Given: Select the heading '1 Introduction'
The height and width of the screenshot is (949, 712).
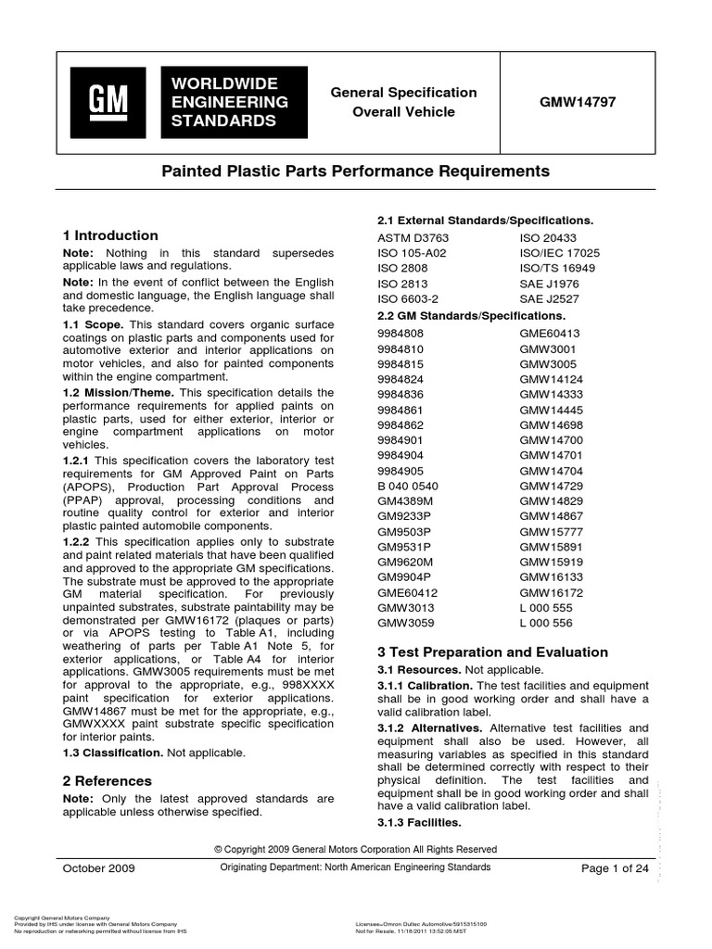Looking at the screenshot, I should (x=109, y=235).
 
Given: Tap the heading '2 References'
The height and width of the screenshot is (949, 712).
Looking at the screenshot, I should (x=107, y=780).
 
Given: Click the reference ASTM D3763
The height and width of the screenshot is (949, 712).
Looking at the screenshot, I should (x=411, y=237).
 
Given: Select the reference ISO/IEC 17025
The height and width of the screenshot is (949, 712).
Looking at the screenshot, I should (x=559, y=252).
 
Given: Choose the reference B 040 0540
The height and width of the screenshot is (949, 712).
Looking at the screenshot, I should (x=408, y=486).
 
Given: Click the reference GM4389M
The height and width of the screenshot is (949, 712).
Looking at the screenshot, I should (x=405, y=501).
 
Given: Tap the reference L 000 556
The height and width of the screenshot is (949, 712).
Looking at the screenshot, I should (x=545, y=625).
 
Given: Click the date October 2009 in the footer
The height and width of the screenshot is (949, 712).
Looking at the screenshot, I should (x=98, y=868).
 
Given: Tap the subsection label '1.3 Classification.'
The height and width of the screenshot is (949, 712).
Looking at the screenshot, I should (x=115, y=753).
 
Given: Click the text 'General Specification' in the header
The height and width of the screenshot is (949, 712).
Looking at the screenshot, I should (x=404, y=93).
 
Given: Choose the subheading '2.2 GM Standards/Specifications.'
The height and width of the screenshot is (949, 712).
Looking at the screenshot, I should (x=473, y=315).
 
